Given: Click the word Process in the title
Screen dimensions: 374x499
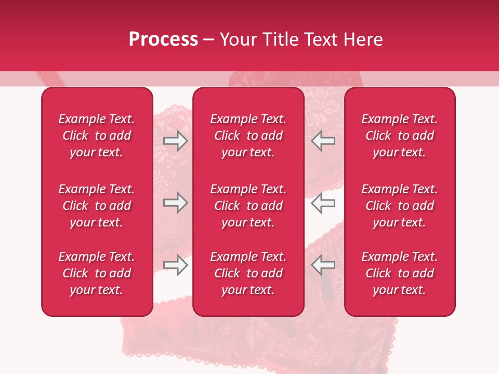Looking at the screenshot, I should (x=163, y=39).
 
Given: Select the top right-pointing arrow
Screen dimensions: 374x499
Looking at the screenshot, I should (x=176, y=141).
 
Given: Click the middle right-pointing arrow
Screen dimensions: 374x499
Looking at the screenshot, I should (x=176, y=203).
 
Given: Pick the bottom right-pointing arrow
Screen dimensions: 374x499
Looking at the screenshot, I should (x=176, y=265).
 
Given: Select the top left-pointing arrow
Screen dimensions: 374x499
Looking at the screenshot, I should (x=323, y=141).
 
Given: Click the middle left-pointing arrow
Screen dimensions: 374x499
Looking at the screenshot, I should (x=323, y=203).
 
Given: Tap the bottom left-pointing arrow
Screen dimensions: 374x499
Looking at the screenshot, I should (x=323, y=265).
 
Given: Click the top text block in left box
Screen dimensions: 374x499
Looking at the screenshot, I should (x=97, y=136).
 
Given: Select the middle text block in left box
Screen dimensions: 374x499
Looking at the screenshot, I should (x=97, y=206).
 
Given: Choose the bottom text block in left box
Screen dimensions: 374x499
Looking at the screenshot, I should (x=97, y=273).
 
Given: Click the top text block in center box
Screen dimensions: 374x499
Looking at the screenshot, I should (x=248, y=136).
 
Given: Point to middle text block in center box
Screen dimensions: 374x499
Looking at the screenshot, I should (x=248, y=206).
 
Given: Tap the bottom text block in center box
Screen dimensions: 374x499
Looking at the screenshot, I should (x=248, y=273).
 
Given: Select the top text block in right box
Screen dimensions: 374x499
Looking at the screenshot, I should (x=400, y=136).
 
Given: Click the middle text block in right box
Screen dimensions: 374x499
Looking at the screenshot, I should (x=400, y=206).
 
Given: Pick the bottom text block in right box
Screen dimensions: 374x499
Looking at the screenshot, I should (x=400, y=273).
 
